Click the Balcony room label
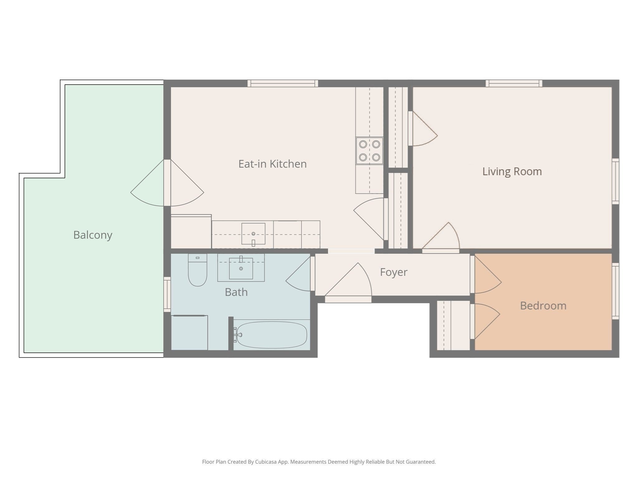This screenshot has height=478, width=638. [x=93, y=235]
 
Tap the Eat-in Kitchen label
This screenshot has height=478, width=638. [x=273, y=164]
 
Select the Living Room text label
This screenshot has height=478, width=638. [x=512, y=171]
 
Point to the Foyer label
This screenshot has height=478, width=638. [x=394, y=272]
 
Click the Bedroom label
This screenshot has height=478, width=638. [x=543, y=306]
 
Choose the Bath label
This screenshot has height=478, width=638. [x=236, y=292]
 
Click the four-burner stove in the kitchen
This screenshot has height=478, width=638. [x=369, y=151]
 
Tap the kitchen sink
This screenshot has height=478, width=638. [x=254, y=234]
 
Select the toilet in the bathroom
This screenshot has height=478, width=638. [x=198, y=270]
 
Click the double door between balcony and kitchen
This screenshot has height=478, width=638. [x=167, y=183]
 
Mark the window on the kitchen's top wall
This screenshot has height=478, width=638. [x=283, y=83]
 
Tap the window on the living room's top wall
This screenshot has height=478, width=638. [x=514, y=83]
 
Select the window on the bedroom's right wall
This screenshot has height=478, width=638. [x=616, y=291]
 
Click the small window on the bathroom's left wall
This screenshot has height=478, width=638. [x=167, y=294]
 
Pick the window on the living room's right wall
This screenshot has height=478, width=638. [x=616, y=181]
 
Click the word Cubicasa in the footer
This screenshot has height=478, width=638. [x=266, y=462]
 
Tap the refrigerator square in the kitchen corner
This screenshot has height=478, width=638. [x=191, y=232]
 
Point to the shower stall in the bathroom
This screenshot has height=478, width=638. [x=189, y=333]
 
